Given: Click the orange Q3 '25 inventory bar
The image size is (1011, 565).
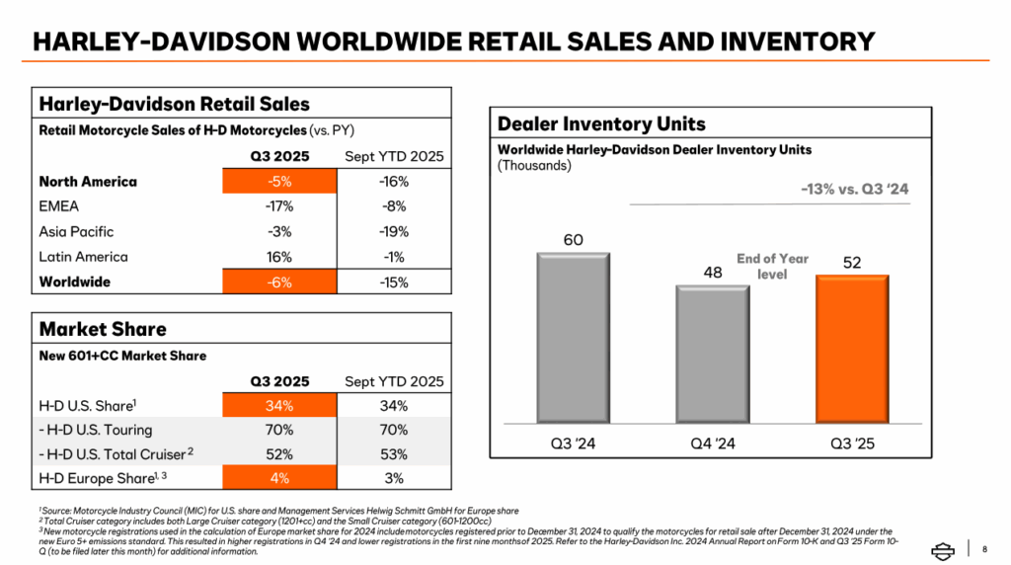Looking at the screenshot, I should tap(852, 351).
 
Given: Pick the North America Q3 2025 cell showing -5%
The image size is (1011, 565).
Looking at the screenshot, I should tap(279, 182).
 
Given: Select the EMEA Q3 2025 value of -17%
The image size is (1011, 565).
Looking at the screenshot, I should tap(279, 206).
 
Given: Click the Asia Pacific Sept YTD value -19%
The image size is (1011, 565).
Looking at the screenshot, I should tap(393, 232).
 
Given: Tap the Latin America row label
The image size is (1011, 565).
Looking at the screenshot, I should tap(83, 257).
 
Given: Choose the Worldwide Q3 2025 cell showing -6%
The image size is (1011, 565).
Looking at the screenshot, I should tap(279, 282).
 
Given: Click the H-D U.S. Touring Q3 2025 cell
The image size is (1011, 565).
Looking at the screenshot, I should tap(279, 430).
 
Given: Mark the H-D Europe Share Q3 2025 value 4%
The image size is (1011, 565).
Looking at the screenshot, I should tap(279, 479).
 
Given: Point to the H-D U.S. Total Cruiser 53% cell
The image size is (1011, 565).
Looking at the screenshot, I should tap(393, 454).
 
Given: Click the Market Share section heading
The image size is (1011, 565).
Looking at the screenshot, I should tap(103, 329).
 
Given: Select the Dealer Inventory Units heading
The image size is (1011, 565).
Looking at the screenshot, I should tap(601, 123).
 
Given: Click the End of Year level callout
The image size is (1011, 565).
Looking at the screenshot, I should tap(772, 266).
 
